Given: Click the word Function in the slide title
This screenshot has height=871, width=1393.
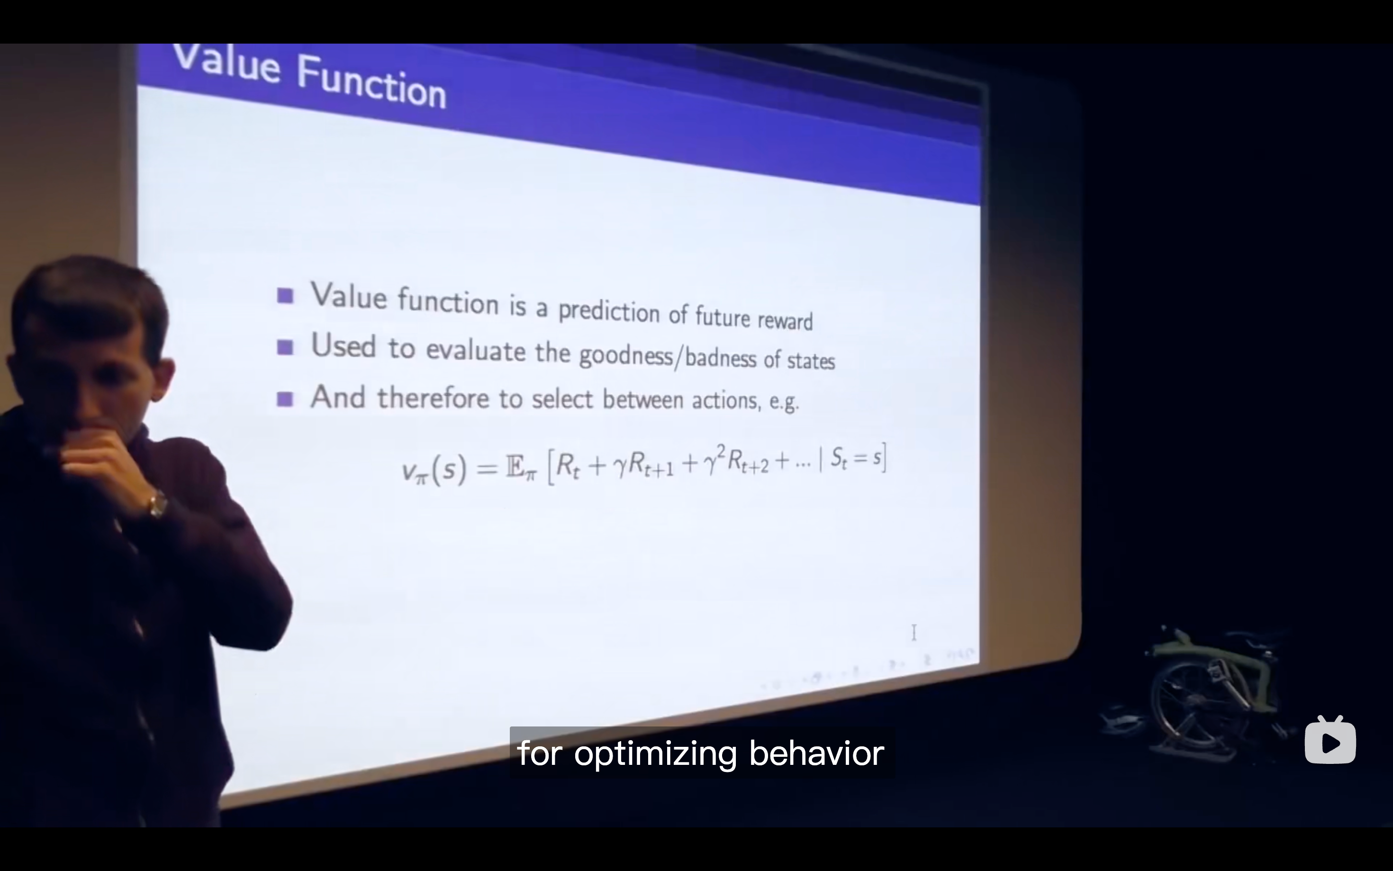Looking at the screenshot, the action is tap(371, 82).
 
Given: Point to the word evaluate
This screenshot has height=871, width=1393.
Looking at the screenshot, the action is tap(476, 350).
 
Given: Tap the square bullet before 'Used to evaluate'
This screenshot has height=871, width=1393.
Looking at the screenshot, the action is tap(285, 347).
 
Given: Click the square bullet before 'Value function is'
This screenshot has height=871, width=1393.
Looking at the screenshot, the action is tap(285, 296).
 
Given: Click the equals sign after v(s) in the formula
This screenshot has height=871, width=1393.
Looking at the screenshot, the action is tap(487, 468).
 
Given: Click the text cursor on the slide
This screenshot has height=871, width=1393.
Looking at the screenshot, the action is tap(914, 633).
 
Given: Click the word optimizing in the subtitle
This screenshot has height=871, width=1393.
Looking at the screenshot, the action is tap(655, 754).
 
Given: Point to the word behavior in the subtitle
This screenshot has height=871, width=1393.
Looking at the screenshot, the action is tap(816, 753).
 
